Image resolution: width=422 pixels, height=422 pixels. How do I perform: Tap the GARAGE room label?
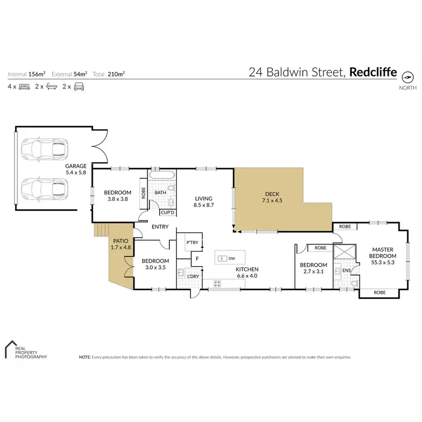point(75,169)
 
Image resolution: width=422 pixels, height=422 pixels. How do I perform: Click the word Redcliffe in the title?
point(373,72)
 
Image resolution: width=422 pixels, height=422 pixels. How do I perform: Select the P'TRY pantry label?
point(191,243)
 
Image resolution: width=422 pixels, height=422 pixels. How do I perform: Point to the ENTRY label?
point(160,226)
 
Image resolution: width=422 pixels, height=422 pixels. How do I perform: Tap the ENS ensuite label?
point(346,271)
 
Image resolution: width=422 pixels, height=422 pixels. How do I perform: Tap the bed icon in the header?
point(25,87)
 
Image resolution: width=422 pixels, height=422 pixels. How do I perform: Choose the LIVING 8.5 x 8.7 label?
point(203,202)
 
